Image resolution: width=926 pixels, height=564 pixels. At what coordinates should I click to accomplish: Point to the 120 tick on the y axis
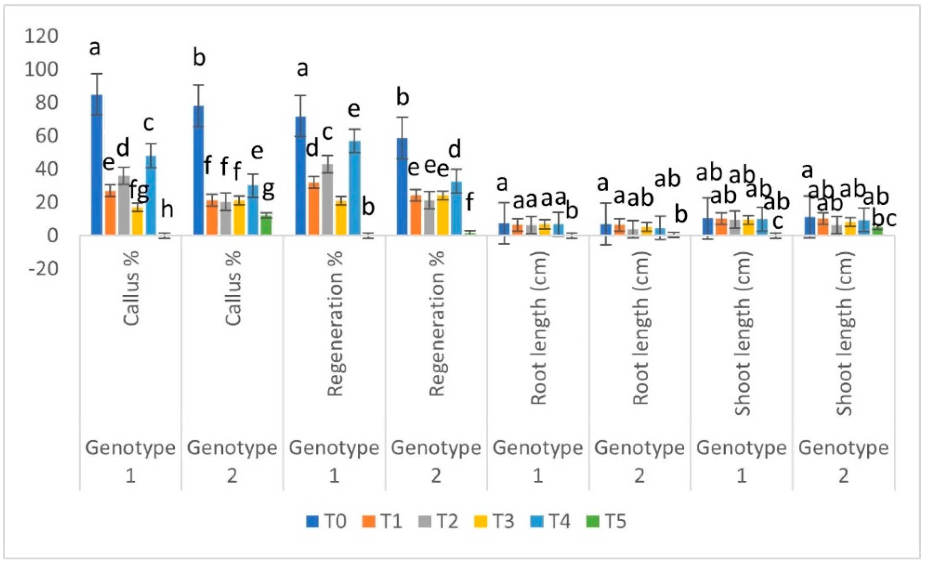click(x=41, y=36)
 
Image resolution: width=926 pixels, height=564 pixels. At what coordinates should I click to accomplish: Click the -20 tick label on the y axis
click(x=44, y=269)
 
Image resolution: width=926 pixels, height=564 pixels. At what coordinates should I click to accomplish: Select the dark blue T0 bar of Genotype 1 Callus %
click(x=96, y=165)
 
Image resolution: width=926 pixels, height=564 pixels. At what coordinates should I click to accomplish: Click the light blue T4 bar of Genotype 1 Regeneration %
click(x=355, y=188)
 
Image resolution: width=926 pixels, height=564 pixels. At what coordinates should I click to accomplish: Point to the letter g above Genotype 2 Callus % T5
click(x=268, y=190)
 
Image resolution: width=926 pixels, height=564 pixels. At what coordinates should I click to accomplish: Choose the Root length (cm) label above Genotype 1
click(x=539, y=327)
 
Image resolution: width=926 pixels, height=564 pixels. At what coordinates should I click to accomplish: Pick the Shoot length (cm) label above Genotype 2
click(x=844, y=333)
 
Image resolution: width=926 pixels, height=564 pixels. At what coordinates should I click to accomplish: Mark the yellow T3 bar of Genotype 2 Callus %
click(x=239, y=218)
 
